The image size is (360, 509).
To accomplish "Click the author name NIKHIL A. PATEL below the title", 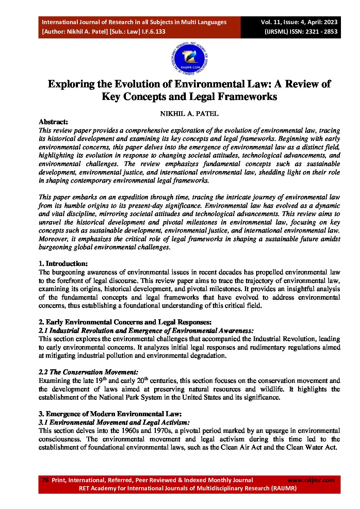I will pos(189,114).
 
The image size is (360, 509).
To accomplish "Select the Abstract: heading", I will pos(53,122).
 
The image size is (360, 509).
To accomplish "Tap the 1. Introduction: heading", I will pos(63,264).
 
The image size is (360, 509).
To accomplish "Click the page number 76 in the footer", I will pos(45,480).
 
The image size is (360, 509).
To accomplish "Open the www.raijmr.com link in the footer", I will pos(311,480).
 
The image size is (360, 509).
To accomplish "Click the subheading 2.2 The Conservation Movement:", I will pos(88,372).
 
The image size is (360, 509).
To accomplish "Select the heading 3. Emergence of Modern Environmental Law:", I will pos(110,414).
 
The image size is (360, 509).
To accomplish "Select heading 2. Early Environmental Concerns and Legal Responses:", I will pos(125,322).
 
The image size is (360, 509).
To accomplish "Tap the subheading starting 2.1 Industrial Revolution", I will pos(146,330).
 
